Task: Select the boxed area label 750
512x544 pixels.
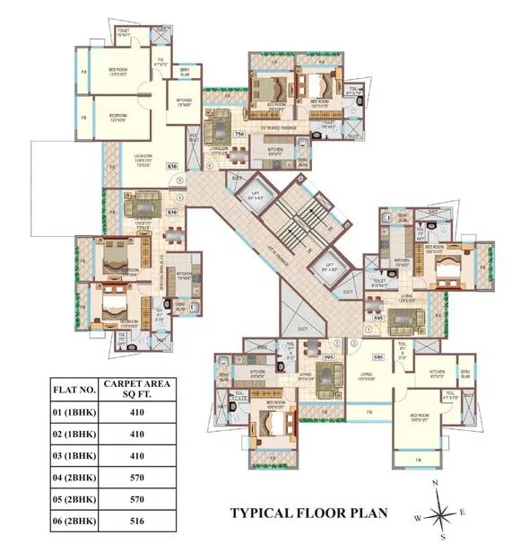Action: [x=239, y=134]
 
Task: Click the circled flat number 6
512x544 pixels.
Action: [x=209, y=165]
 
